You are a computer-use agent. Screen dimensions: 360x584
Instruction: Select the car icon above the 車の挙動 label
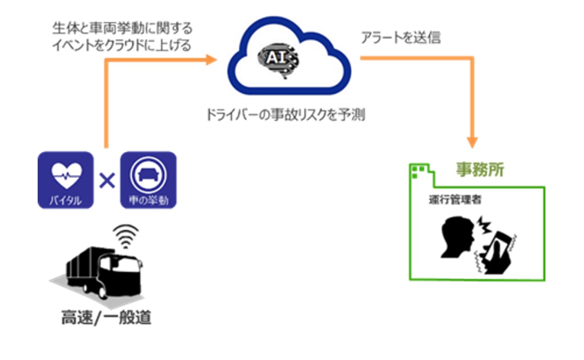148,174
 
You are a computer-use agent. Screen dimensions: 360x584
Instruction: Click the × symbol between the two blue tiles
107,180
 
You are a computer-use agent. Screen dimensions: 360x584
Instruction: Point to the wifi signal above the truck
125,236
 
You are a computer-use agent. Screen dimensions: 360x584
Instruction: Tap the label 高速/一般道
106,318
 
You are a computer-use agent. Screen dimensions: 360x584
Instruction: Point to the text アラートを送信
400,39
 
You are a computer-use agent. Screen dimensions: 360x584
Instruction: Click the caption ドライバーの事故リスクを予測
285,116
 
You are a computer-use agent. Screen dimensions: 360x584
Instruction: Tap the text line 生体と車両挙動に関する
122,29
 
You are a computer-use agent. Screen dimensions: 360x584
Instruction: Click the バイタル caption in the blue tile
66,201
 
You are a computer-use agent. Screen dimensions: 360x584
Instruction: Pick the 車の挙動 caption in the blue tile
148,201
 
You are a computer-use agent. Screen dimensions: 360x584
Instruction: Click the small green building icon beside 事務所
420,172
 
